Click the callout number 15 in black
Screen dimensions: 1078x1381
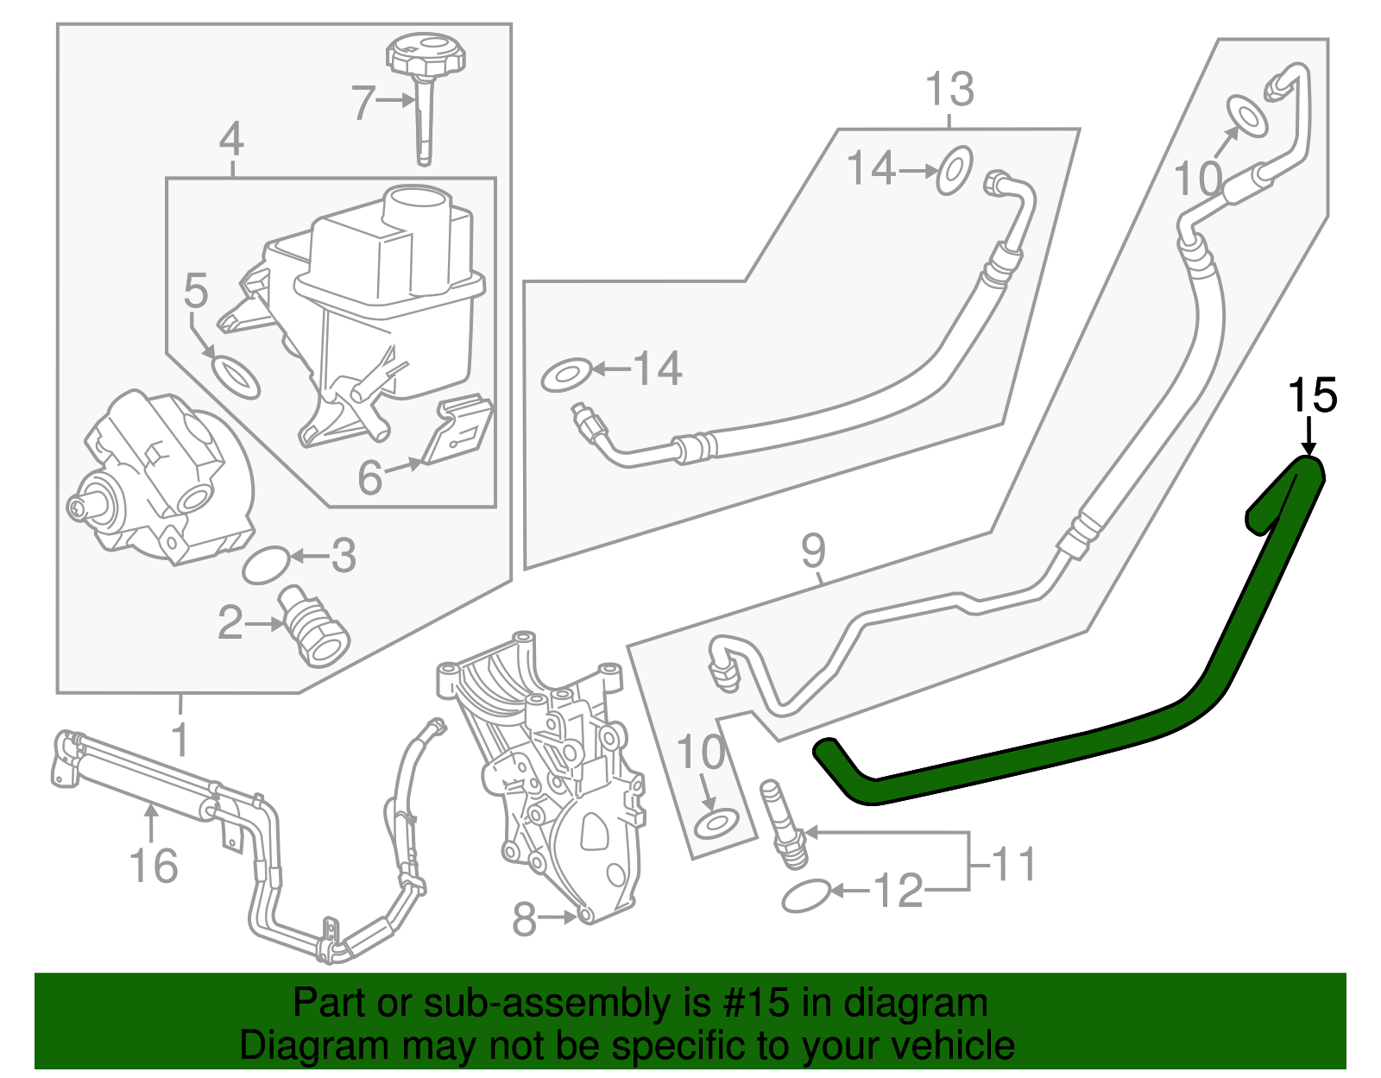(1312, 396)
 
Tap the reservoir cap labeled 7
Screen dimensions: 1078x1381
(425, 59)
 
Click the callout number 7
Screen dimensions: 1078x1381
(363, 104)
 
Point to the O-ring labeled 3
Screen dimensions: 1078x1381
(266, 565)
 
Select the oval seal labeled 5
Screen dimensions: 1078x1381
(235, 376)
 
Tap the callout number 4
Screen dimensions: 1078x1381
(231, 140)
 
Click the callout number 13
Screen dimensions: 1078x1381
(949, 89)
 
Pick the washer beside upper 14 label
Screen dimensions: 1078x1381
(955, 169)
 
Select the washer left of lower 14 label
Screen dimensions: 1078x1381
(566, 376)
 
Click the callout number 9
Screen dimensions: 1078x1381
(813, 551)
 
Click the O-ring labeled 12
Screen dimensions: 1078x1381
(806, 897)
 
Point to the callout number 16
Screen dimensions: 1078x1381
(154, 865)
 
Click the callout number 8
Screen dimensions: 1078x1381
(524, 919)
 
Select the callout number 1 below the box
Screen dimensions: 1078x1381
(180, 740)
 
